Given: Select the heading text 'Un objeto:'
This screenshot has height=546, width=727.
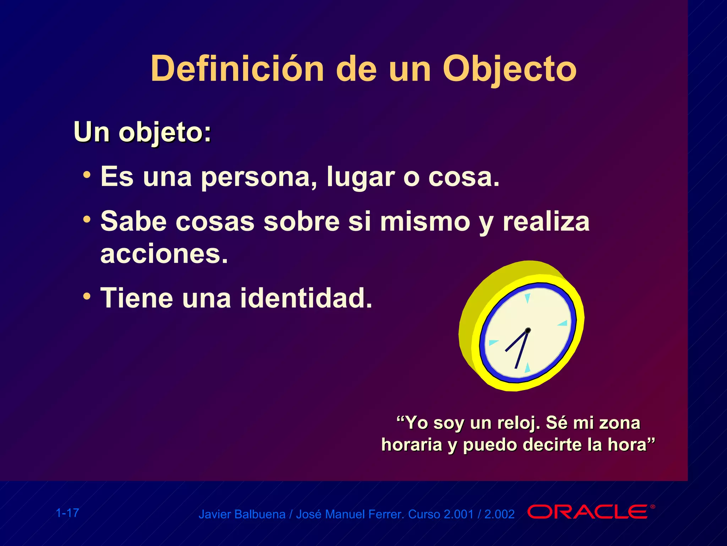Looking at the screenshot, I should [x=142, y=133].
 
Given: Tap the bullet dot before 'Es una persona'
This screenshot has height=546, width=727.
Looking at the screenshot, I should [x=87, y=175].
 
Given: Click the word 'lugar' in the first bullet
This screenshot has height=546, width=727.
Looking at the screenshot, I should [x=360, y=177].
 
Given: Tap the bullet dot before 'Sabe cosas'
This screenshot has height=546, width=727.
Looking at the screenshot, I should [x=87, y=219].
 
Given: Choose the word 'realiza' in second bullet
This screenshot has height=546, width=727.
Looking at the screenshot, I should [x=546, y=221].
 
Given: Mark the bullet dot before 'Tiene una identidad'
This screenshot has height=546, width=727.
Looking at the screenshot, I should [x=87, y=296].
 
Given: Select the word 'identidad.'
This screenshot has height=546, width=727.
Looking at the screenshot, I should [x=306, y=298].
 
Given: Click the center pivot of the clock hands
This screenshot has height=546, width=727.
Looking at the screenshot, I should [x=528, y=330].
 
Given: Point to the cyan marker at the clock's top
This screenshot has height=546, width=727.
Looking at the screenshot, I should [x=528, y=298].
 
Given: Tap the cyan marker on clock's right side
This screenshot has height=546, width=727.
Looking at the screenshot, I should [x=563, y=323].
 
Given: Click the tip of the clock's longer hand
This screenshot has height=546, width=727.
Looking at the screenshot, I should [x=516, y=368].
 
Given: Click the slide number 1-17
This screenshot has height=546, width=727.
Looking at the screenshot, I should [x=67, y=513].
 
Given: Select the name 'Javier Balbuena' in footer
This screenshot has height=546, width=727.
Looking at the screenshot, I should [x=242, y=514].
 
